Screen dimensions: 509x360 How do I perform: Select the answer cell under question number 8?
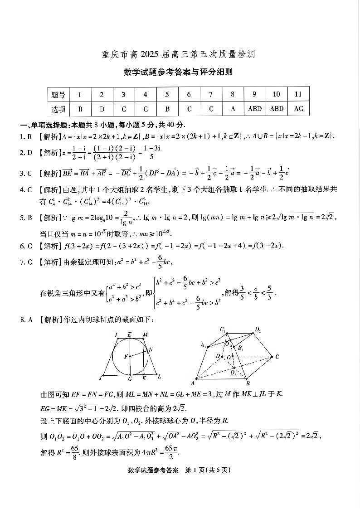point(233,109)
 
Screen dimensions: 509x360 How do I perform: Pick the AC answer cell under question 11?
point(298,109)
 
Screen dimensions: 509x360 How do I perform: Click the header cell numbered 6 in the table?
point(189,95)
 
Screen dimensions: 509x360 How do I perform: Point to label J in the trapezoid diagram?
point(100,377)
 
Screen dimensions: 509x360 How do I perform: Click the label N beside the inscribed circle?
point(151,349)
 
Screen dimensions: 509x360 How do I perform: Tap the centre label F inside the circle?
point(126,356)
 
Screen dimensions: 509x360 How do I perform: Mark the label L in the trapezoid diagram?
point(160,376)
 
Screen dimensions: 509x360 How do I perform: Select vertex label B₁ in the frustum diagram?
point(241,348)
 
